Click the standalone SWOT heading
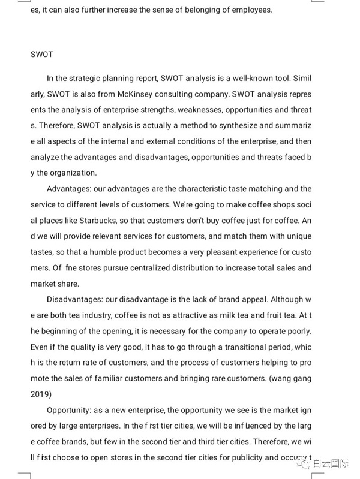pyautogui.click(x=41, y=55)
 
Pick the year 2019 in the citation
pyautogui.click(x=41, y=394)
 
